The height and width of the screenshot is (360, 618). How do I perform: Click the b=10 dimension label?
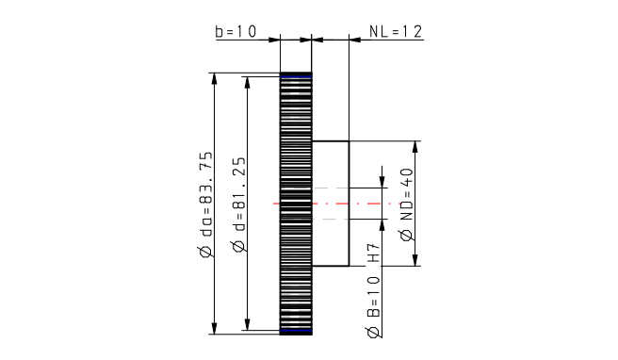coord(236,31)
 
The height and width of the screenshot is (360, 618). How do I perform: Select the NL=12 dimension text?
coord(396,31)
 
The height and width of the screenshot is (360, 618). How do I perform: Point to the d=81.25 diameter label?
coord(238,194)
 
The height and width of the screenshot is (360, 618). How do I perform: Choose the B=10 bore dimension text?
coord(374,297)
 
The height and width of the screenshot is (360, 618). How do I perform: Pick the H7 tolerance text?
coord(374,253)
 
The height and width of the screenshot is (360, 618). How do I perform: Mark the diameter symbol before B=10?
coord(374,332)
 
